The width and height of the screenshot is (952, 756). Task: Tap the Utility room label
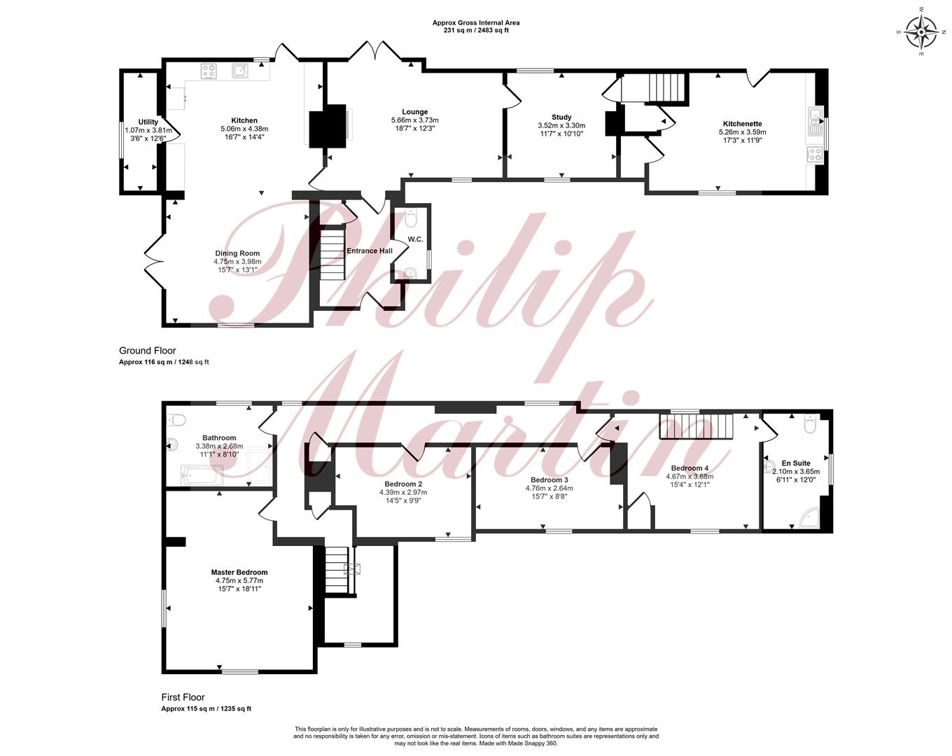(148, 122)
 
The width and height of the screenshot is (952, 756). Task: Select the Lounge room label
(414, 112)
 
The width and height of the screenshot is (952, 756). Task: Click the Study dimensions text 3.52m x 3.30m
(561, 125)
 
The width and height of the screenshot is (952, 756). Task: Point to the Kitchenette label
(742, 124)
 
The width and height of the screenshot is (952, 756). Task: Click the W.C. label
(415, 239)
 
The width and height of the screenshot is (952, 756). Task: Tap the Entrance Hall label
(370, 251)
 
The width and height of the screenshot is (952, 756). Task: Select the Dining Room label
(237, 253)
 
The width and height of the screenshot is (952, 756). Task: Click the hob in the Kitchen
(209, 71)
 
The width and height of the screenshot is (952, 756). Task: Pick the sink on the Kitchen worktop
(240, 70)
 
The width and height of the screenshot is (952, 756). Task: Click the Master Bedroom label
(239, 573)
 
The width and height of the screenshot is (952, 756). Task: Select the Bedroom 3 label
(549, 480)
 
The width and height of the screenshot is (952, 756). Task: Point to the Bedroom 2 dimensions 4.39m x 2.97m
(403, 492)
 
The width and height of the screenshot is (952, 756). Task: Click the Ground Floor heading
(147, 351)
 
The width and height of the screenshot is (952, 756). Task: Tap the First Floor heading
(183, 698)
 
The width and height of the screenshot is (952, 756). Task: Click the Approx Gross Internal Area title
(476, 22)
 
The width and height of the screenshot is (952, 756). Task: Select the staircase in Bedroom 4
(696, 426)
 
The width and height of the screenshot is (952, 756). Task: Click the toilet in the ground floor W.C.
(411, 217)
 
